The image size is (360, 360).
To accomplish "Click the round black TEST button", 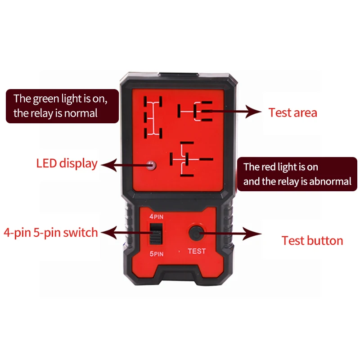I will coord(196,233).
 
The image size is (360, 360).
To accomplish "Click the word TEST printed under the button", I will coord(197,251).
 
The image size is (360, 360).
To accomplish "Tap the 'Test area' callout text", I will coord(292,112).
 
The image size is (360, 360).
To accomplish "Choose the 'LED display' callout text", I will coord(67,163).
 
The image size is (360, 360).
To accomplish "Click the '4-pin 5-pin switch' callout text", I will coord(50,232).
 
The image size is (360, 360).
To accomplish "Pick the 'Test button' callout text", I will coord(312,240).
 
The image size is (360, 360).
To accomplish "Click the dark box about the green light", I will coord(62,106).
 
